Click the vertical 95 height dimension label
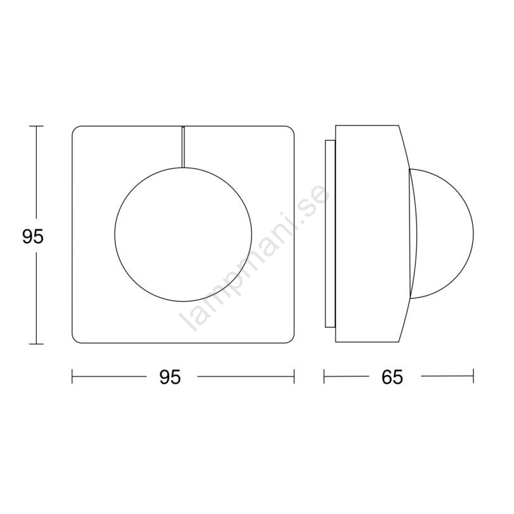[33, 236]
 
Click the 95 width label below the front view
[170, 377]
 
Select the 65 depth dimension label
[392, 377]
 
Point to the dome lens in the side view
[473, 234]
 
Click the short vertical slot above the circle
[183, 147]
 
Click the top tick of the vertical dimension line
[36, 126]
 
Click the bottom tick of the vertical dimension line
[36, 344]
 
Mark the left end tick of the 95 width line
[72, 376]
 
